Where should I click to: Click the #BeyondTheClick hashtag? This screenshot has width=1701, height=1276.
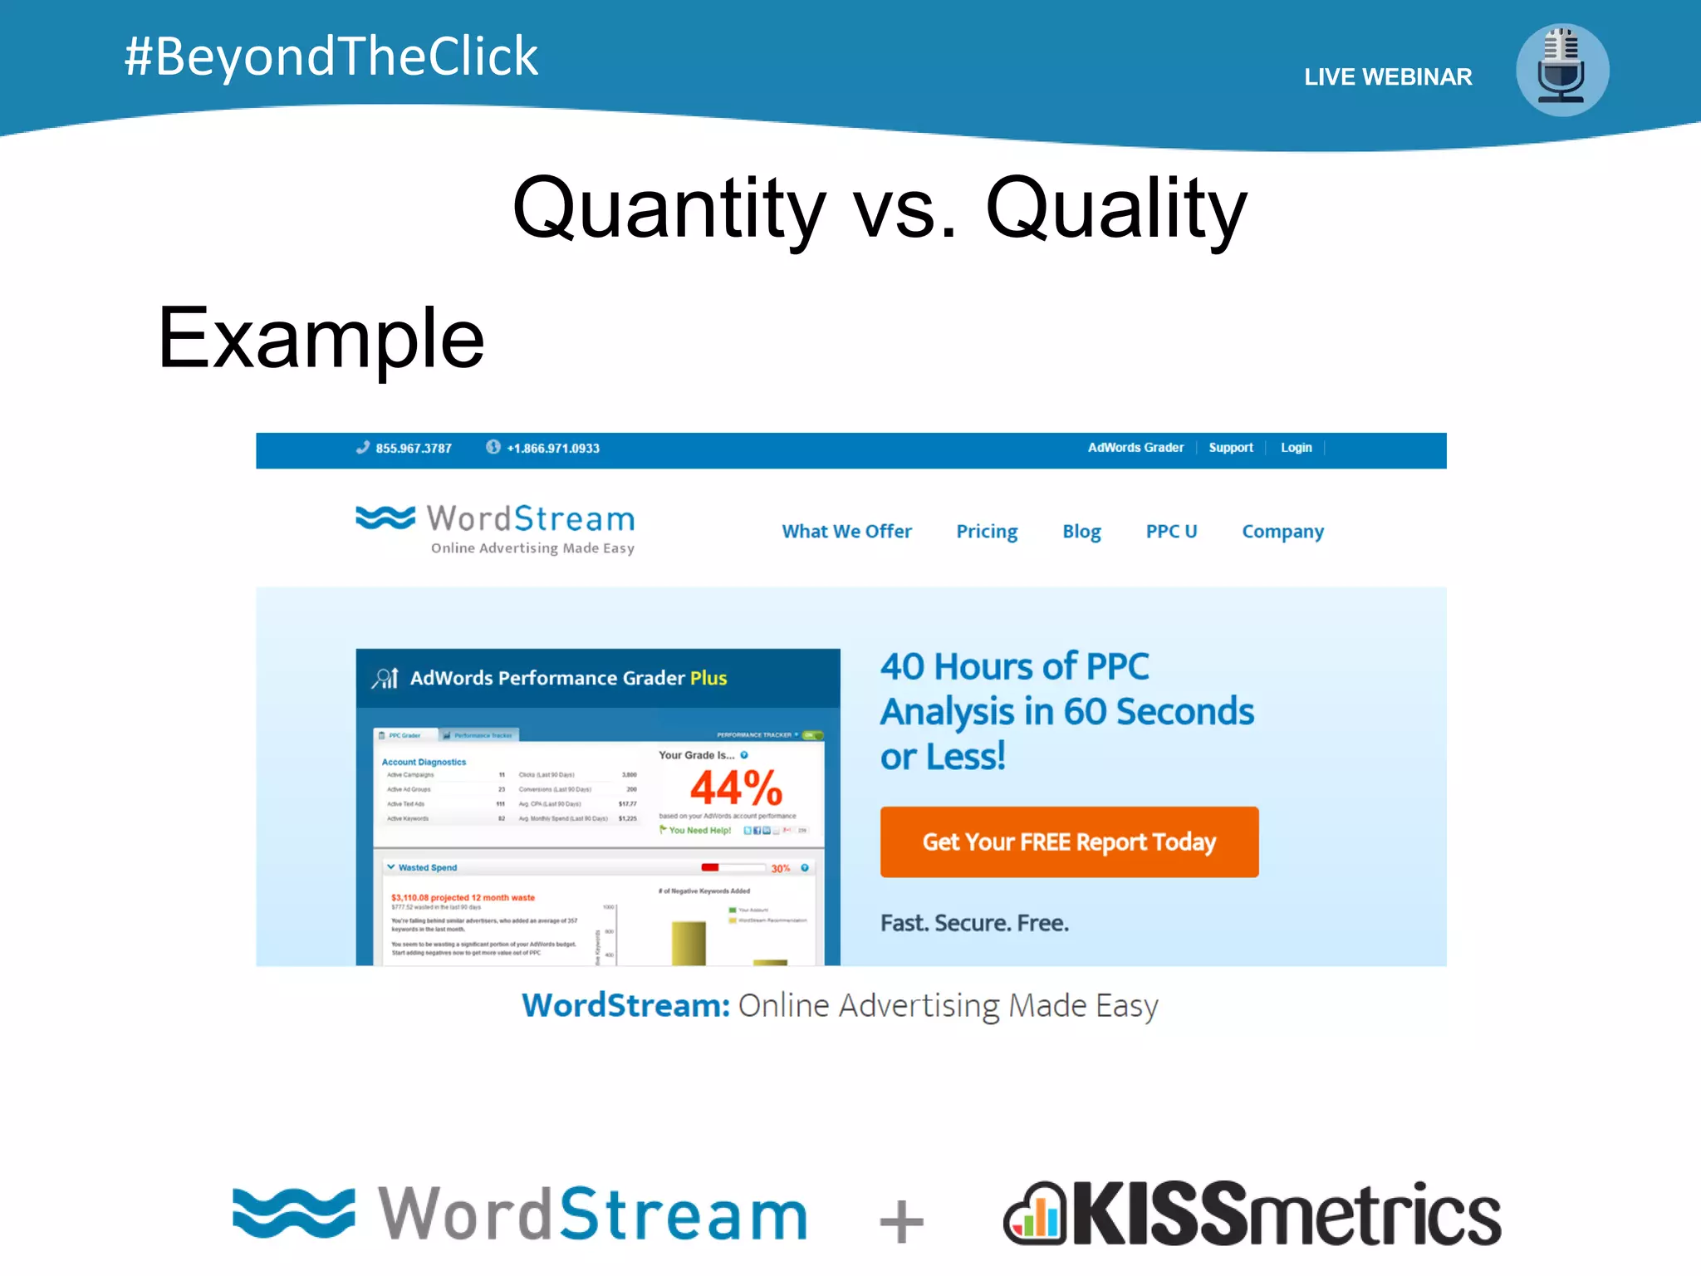pyautogui.click(x=331, y=56)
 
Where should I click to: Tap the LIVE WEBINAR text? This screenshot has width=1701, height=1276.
pyautogui.click(x=1387, y=77)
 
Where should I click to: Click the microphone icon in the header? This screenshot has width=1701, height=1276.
pyautogui.click(x=1561, y=70)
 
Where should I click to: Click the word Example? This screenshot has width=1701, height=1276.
pyautogui.click(x=321, y=338)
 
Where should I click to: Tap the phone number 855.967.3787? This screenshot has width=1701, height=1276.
pyautogui.click(x=413, y=449)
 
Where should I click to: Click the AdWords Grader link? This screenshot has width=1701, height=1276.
pyautogui.click(x=1135, y=448)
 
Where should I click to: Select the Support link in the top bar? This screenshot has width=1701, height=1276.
pyautogui.click(x=1230, y=448)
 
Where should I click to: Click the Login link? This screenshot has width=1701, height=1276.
pyautogui.click(x=1296, y=448)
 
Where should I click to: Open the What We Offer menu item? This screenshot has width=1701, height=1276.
pyautogui.click(x=846, y=532)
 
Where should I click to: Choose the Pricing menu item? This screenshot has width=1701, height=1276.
pyautogui.click(x=987, y=532)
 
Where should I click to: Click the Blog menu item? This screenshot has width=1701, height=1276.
pyautogui.click(x=1081, y=532)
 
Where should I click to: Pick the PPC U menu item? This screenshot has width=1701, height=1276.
pyautogui.click(x=1171, y=532)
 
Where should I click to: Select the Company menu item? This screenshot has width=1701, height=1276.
pyautogui.click(x=1282, y=532)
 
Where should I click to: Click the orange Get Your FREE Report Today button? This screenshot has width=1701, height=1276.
pyautogui.click(x=1069, y=842)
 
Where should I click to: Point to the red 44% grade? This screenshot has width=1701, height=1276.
pyautogui.click(x=736, y=788)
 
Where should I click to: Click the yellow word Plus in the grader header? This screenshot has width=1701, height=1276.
pyautogui.click(x=708, y=678)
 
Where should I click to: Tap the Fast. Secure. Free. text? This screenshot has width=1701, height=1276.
pyautogui.click(x=974, y=923)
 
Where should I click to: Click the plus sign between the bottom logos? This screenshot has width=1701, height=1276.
pyautogui.click(x=901, y=1221)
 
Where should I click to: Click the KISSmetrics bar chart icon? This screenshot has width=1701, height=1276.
pyautogui.click(x=1035, y=1215)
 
